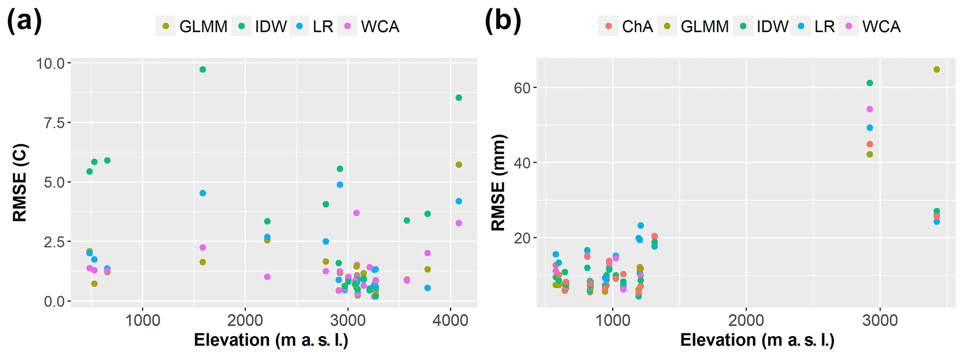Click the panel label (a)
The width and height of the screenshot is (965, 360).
point(24,21)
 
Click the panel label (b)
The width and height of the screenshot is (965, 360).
point(503,21)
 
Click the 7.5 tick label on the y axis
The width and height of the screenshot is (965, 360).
point(55,122)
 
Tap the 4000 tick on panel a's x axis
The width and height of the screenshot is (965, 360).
point(450,321)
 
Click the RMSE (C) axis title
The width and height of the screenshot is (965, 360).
point(20,183)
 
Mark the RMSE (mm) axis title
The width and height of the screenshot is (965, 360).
point(499,183)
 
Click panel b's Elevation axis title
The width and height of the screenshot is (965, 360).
point(757,340)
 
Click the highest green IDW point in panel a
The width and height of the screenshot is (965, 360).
point(203,70)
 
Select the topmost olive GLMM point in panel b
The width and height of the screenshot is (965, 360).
point(936,70)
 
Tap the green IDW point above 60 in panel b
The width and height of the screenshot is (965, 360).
point(869,83)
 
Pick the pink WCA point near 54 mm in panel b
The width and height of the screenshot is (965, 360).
point(869,109)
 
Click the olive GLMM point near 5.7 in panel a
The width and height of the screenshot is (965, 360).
point(458,164)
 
